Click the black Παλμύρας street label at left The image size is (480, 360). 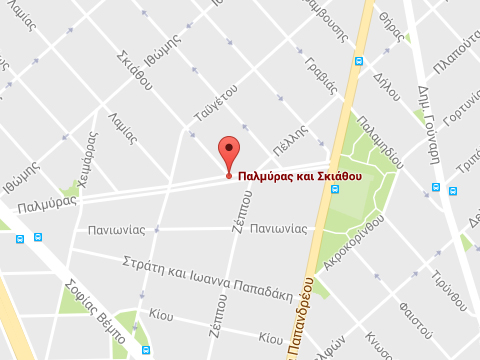click(x=47, y=204)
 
